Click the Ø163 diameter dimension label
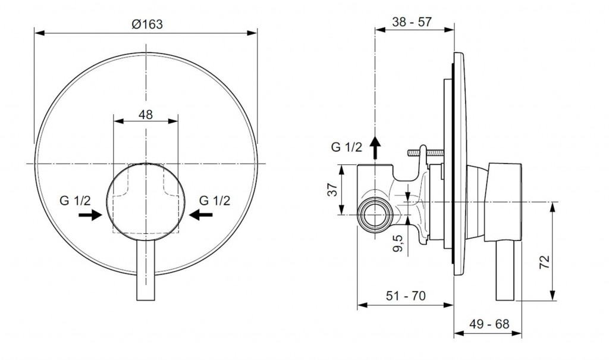coord(146,24)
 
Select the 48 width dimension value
coord(146,114)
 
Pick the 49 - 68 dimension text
coord(489,325)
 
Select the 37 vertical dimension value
coord(334,190)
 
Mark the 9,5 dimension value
coord(398,243)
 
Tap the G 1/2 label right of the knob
coord(214,200)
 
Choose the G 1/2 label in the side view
coord(346,148)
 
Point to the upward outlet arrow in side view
coord(375,146)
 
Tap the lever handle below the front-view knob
coord(146,271)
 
